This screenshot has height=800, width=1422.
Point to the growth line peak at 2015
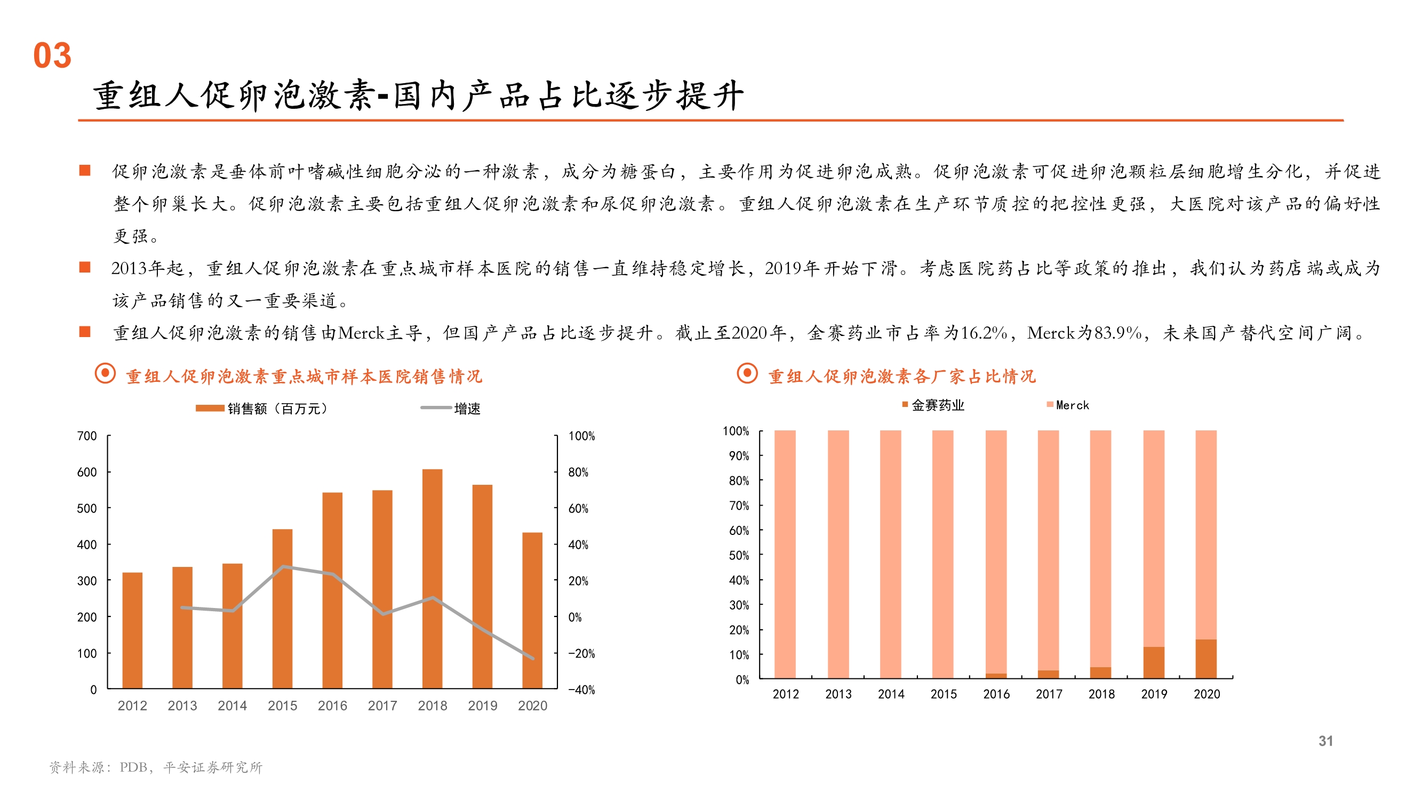pos(283,566)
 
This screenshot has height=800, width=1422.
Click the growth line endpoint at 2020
pos(533,658)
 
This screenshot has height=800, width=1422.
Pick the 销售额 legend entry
pos(262,409)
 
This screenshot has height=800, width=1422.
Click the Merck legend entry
pos(1068,405)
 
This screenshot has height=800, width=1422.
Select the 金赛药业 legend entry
pos(933,405)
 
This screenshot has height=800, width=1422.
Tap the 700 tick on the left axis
pos(87,436)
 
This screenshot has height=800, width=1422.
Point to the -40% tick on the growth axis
pos(582,690)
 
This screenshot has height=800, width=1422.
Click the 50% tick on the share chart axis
pos(739,555)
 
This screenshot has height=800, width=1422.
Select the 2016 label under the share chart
pos(996,694)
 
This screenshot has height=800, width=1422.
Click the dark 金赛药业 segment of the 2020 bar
pos(1205,659)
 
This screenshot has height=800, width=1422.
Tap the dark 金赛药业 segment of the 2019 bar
pos(1153,662)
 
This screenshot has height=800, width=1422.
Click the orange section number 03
pos(52,56)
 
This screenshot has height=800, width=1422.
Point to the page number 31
pos(1325,741)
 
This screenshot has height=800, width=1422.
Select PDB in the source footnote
pos(133,767)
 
